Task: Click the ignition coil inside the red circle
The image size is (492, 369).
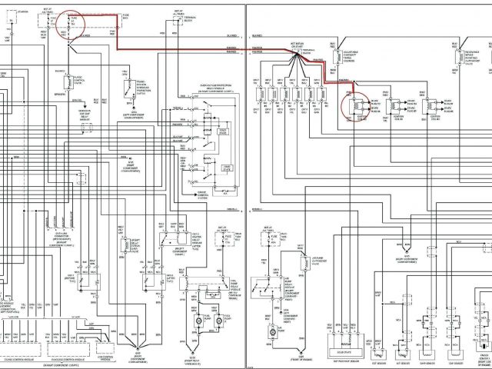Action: pyautogui.click(x=353, y=104)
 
